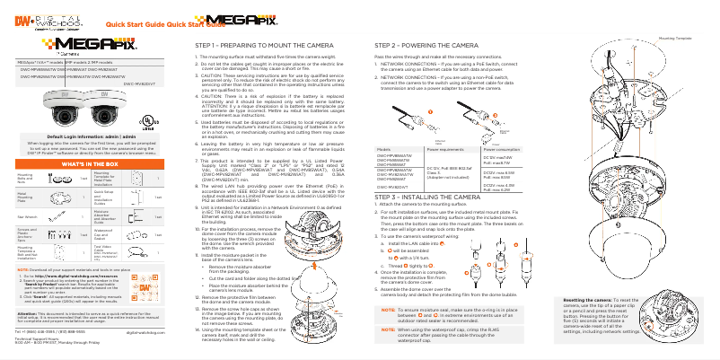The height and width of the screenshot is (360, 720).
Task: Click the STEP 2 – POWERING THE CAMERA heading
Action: pos(426,43)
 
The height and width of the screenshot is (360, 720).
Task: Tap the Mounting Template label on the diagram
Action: pos(676,39)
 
